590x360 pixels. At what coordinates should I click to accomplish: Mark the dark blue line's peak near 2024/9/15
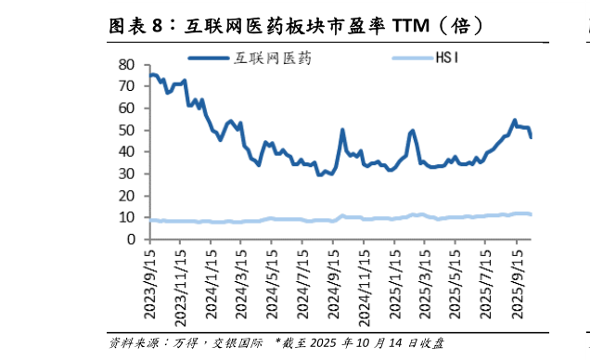point(343,130)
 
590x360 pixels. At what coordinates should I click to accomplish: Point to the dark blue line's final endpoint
point(531,137)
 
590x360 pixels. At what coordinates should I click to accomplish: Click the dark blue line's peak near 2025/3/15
point(412,131)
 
